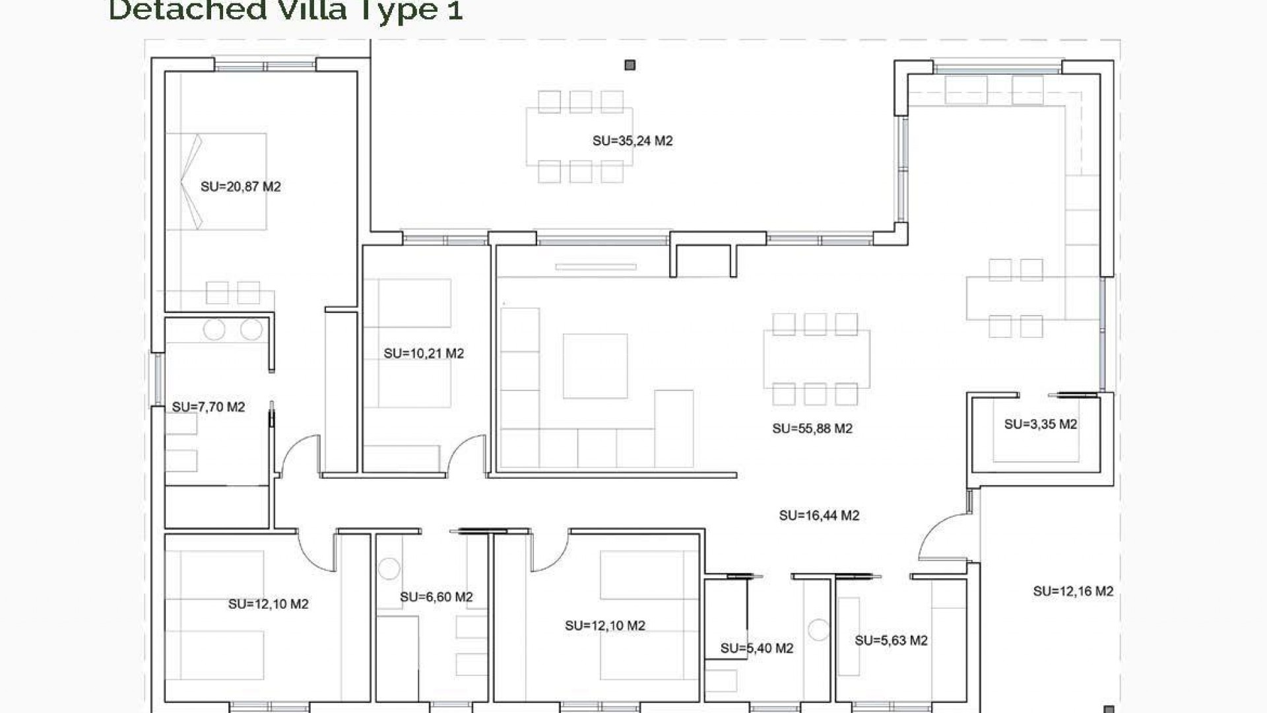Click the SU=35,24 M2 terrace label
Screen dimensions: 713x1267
(x=632, y=141)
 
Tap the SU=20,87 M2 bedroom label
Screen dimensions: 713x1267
(x=240, y=187)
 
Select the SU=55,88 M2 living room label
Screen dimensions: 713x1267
(x=812, y=428)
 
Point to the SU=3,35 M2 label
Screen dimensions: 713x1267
(x=1040, y=424)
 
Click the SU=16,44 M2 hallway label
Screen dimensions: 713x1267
(x=818, y=516)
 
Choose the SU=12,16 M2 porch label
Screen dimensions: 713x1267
(x=1072, y=592)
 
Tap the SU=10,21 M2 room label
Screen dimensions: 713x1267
(x=424, y=354)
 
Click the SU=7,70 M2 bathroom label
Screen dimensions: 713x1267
(x=208, y=407)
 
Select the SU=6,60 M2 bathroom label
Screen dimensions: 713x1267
(x=436, y=597)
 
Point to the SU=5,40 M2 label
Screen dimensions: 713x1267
(x=756, y=648)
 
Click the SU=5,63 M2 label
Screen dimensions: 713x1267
(x=891, y=640)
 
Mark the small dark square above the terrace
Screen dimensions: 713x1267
(x=630, y=65)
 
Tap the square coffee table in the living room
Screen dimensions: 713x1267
(x=595, y=366)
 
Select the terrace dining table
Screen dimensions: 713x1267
(x=579, y=137)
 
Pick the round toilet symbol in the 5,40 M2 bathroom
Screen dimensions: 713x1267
(x=818, y=630)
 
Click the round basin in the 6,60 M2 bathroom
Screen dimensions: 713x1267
(x=389, y=568)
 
